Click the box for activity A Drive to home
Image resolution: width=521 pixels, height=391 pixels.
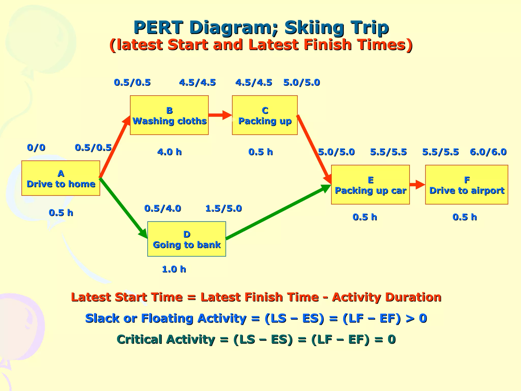[x=61, y=178]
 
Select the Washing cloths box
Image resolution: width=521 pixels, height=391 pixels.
[x=169, y=115]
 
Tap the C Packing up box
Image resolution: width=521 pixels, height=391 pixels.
[x=265, y=115]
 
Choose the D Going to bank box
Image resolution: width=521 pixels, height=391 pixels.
[x=186, y=239]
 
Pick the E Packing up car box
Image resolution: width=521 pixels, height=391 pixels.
[x=370, y=185]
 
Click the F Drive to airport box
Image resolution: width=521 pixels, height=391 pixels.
[x=466, y=185]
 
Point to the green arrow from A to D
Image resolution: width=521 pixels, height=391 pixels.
[x=123, y=207]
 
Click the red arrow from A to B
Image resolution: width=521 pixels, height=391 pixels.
[x=114, y=148]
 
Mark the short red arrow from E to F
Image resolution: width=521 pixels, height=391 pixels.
[x=417, y=185]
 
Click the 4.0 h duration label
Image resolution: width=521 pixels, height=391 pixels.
[x=169, y=152]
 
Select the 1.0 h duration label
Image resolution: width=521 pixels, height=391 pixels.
[x=174, y=269]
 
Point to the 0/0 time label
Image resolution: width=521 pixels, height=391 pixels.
[x=36, y=148]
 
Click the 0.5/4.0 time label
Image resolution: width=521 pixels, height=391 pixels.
[x=163, y=208]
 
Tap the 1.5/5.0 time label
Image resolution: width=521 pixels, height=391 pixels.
[x=223, y=208]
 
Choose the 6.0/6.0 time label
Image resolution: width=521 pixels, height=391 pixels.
[x=488, y=152]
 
